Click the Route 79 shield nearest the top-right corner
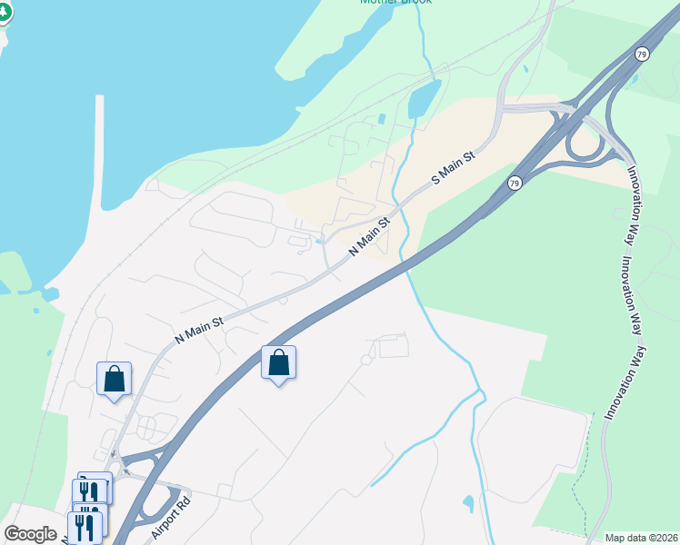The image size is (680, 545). pos(643,54)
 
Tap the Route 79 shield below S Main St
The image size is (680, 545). pos(515,183)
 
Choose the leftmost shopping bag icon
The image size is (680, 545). pos(115,378)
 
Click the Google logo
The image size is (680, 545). pos(30,533)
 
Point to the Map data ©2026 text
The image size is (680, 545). pos(641,538)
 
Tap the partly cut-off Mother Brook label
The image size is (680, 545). pos(395,3)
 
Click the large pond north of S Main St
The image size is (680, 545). pos(424,99)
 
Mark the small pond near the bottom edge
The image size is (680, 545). pos(468,502)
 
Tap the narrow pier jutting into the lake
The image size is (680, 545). pos(99,145)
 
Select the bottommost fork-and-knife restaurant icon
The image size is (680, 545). pos(85,528)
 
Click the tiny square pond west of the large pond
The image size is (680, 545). pos(381,119)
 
